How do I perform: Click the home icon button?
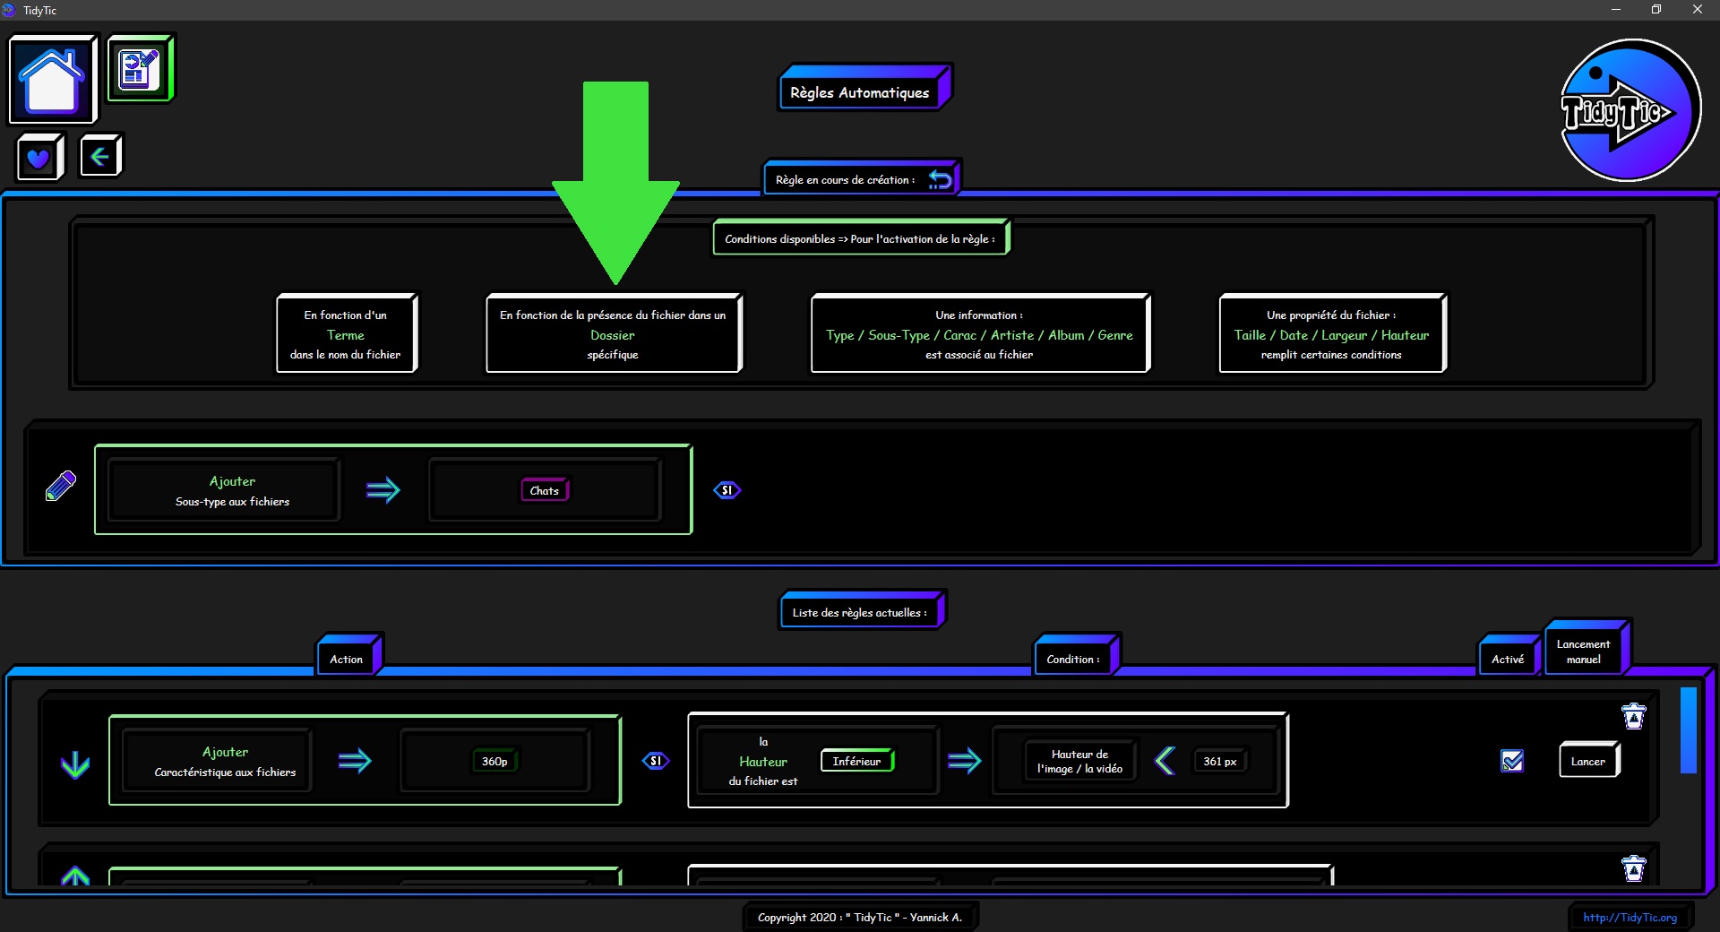[x=53, y=79]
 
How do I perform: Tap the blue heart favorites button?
[x=39, y=158]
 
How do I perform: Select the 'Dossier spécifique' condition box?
[x=614, y=333]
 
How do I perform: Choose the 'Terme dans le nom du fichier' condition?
[x=346, y=333]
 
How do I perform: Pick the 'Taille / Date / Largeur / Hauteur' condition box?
[x=1332, y=333]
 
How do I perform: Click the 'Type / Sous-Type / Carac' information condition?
[x=980, y=333]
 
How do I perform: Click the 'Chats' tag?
[x=545, y=490]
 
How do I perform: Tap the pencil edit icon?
[x=61, y=486]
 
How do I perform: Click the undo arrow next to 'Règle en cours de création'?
[x=940, y=179]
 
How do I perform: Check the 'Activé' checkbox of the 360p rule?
[x=1512, y=761]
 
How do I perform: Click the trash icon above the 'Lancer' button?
[x=1634, y=716]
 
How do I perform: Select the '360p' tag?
[x=494, y=761]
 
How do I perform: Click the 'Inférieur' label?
[x=857, y=761]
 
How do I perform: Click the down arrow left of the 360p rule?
[x=75, y=764]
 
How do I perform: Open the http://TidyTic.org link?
[x=1630, y=917]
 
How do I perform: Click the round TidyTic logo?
[x=1630, y=110]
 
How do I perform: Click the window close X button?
[x=1697, y=10]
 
